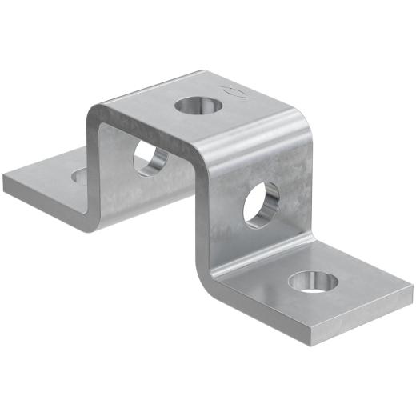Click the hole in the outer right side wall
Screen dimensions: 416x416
coord(262,204)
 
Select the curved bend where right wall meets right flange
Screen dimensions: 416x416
coord(210,276)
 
